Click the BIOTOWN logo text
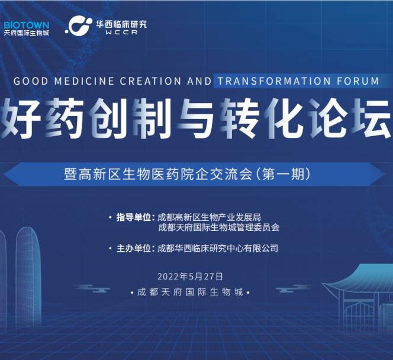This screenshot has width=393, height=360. coord(26,25)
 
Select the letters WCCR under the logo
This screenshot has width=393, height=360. coord(121,33)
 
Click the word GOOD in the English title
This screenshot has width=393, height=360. coord(31,81)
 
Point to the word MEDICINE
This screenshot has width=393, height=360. coord(84,81)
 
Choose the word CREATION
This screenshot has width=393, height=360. coord(150,81)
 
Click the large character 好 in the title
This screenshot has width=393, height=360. coord(21,118)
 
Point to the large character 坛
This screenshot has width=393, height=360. coord(371,118)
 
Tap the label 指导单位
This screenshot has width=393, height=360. coord(134,217)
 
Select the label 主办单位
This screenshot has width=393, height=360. coord(134,249)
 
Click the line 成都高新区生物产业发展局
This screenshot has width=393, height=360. coord(210,217)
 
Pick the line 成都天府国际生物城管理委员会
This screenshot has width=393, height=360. coord(219,227)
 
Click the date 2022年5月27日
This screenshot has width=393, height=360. coord(190,277)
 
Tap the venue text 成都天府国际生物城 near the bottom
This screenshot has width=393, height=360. coord(190,292)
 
